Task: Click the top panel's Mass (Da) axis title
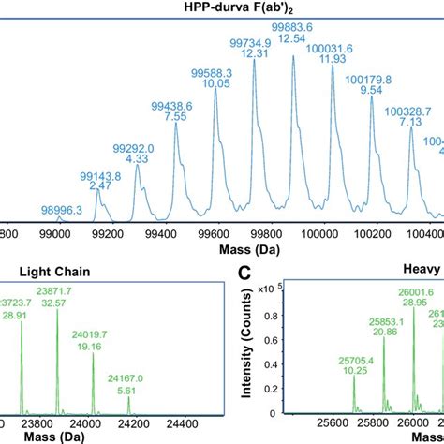[x=222, y=250]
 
